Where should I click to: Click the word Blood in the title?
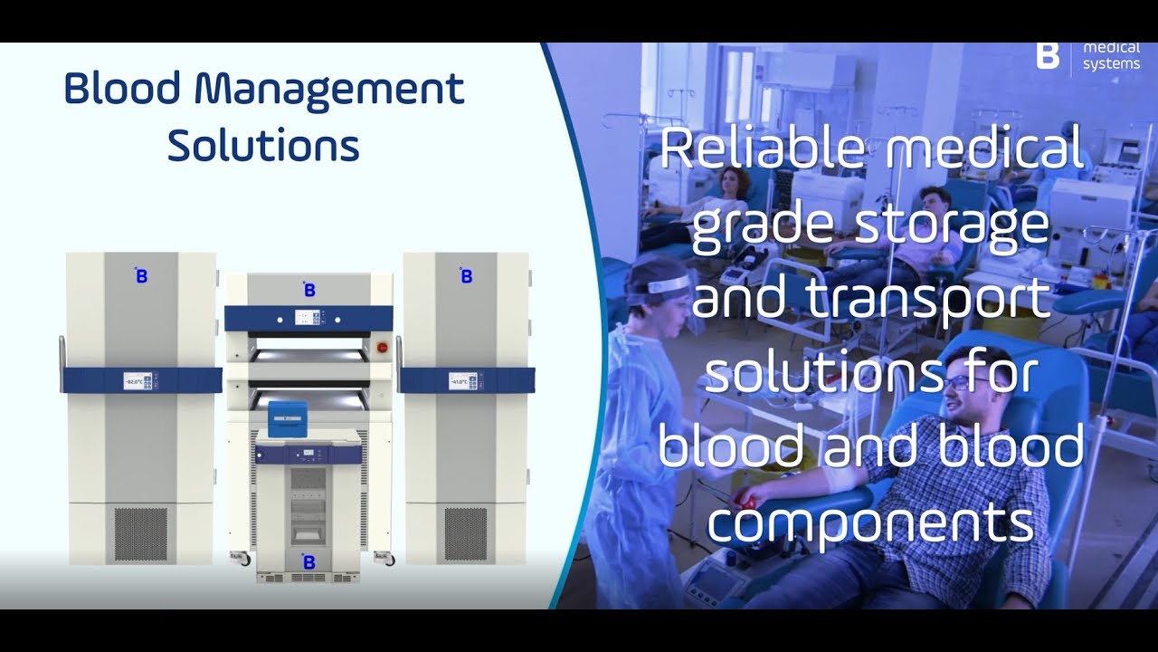pos(121,91)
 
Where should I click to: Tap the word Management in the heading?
pos(329,91)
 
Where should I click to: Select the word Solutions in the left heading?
pos(263,145)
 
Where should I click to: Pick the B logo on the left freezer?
pos(141,276)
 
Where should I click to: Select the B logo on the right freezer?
pos(466,276)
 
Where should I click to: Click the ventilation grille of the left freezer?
pos(141,534)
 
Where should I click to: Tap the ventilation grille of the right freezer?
pos(465,534)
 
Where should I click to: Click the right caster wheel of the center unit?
pos(390,561)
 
